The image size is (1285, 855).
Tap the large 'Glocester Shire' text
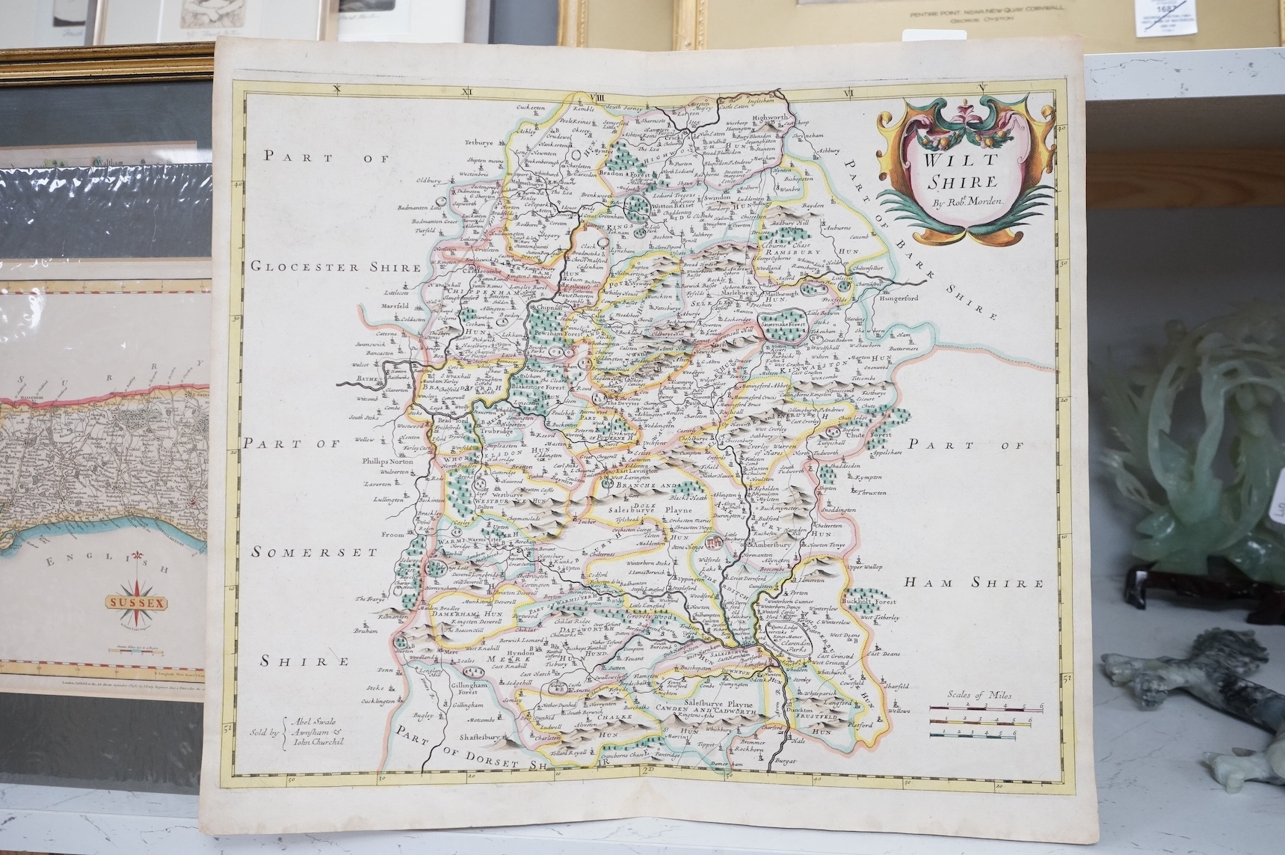pos(336,266)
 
